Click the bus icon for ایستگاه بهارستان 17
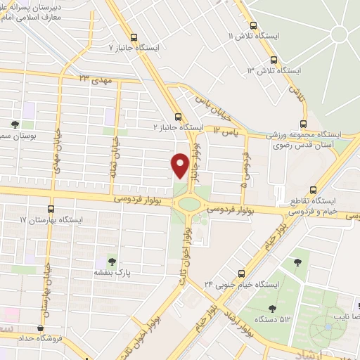click(51, 209)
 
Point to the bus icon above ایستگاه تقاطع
click(314, 189)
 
